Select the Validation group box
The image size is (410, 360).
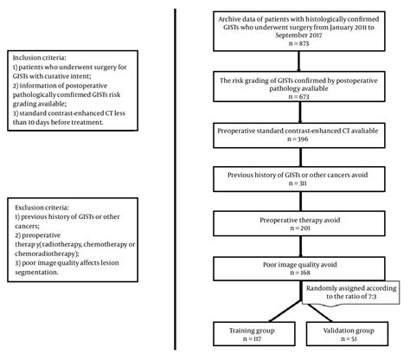pos(345,333)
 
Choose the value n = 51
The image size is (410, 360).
pos(345,339)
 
